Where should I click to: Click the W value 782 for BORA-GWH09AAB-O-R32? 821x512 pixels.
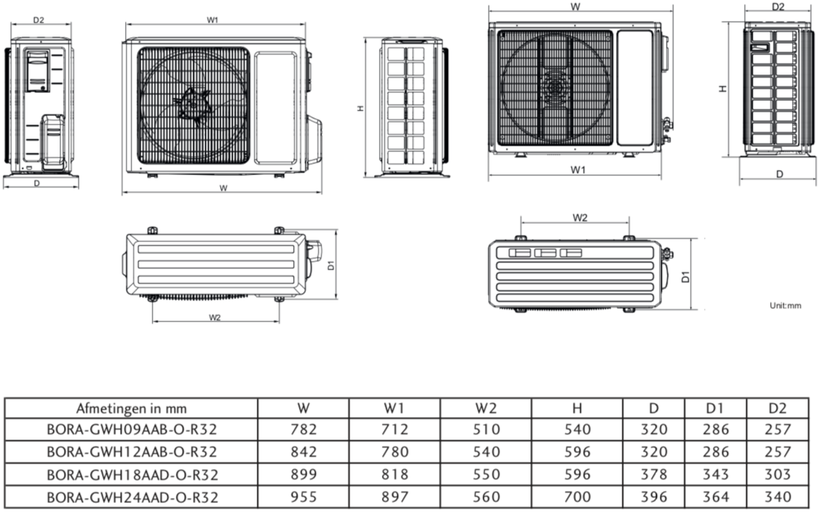tap(303, 429)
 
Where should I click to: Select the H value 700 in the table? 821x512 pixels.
tap(577, 496)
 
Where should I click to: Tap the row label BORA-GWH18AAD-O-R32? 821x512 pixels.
tap(132, 474)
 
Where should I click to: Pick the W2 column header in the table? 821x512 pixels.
tap(485, 408)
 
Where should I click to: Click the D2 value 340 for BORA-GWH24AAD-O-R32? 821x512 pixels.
tap(778, 496)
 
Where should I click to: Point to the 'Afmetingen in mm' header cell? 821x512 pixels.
tap(132, 408)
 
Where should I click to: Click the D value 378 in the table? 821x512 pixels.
tap(653, 474)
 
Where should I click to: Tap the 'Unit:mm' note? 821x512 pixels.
tap(785, 305)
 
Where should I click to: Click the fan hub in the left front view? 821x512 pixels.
tap(193, 105)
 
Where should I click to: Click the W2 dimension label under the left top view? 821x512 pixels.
tap(215, 317)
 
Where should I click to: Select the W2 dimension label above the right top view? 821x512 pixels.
tap(580, 218)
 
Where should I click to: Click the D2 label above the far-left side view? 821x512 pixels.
tap(39, 19)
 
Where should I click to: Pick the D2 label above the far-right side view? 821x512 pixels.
tap(778, 7)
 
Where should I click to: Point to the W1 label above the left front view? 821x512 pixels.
tap(212, 19)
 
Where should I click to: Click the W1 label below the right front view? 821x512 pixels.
tap(578, 169)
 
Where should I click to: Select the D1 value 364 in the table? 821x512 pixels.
tap(716, 496)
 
